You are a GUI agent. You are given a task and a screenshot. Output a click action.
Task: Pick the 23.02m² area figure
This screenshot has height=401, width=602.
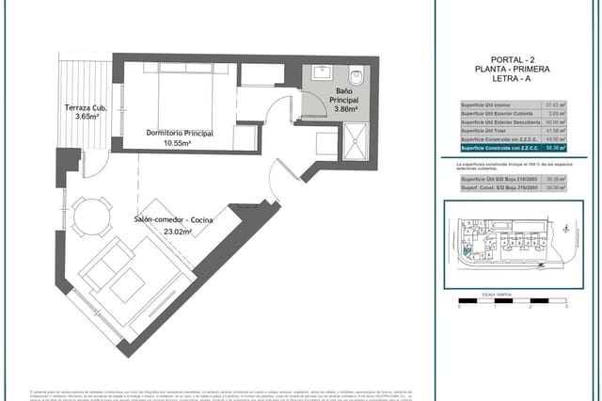178,230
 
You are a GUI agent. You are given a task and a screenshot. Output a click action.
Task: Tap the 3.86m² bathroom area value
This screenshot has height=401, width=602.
345,109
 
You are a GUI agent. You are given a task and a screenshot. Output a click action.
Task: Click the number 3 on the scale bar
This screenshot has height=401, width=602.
566,307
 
